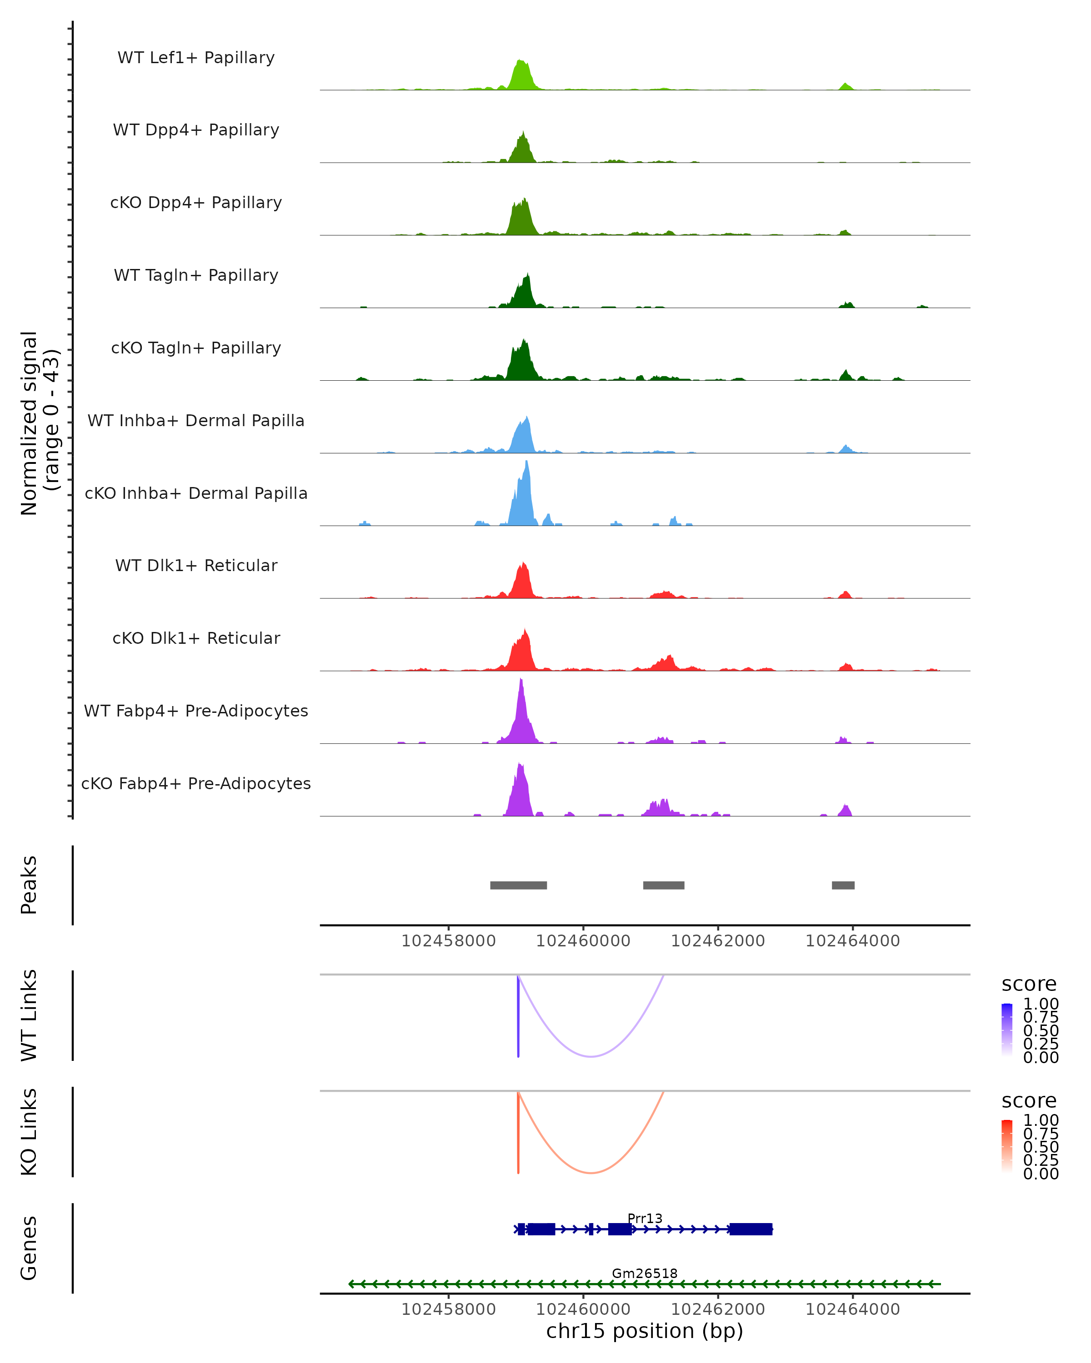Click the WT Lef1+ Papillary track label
coord(196,58)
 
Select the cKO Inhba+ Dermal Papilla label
coord(196,493)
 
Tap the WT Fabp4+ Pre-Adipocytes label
coord(196,711)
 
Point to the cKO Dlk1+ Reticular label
coord(196,638)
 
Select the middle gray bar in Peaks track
coord(663,885)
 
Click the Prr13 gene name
coord(645,1218)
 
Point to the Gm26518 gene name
coord(645,1273)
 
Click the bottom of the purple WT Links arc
coord(591,1056)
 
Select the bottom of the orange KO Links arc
coord(591,1172)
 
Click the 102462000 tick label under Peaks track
coord(718,941)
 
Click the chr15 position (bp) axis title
coord(645,1331)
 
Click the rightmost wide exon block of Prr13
coord(751,1229)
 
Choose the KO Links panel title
coord(29,1132)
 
